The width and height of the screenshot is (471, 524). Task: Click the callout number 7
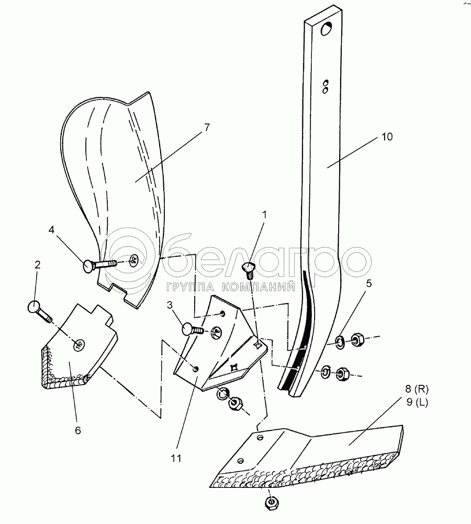coord(207,127)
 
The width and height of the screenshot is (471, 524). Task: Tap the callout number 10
coord(387,137)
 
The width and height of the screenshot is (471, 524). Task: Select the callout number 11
coord(176,458)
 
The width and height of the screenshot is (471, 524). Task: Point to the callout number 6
coord(78,430)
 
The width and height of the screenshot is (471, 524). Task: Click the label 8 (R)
coord(417,389)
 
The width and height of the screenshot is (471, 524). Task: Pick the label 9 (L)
coord(417,402)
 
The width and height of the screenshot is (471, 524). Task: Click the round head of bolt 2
coord(33,306)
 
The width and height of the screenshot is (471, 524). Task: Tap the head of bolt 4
coord(89,266)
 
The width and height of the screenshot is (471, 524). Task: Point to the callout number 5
coord(369,283)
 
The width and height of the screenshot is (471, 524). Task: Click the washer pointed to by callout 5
coord(340,342)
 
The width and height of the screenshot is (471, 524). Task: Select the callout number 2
coord(37,265)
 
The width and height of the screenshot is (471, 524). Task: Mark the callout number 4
coord(51,230)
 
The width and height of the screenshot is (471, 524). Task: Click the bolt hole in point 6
coord(80,344)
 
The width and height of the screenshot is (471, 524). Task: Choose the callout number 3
coord(170,305)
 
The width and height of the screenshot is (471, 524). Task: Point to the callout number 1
coord(265,215)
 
